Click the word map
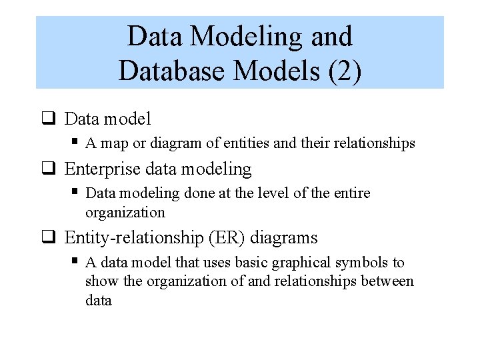[114, 143]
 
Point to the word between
[387, 281]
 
